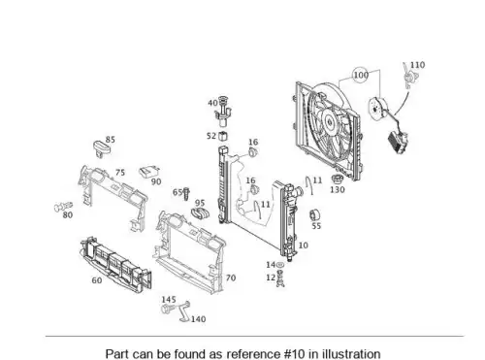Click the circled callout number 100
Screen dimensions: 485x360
point(361,75)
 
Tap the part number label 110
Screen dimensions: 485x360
point(417,65)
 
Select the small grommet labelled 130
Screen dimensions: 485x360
point(337,180)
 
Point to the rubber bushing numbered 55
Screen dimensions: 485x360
point(314,214)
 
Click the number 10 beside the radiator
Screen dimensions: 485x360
point(303,245)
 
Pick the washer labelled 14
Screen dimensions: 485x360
point(280,265)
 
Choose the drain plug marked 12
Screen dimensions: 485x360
point(280,278)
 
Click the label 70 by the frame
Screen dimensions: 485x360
point(231,278)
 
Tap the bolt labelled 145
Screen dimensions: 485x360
point(167,309)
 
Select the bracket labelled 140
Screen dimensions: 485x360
point(184,311)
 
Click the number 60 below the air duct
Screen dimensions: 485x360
point(97,280)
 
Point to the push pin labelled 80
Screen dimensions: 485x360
point(63,207)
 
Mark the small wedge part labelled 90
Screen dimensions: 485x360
point(149,172)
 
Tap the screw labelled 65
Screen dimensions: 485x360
point(186,194)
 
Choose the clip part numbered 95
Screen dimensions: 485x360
point(201,213)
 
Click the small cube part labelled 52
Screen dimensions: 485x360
point(223,136)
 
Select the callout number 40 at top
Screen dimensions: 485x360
point(212,103)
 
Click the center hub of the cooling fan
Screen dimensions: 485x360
point(329,122)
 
